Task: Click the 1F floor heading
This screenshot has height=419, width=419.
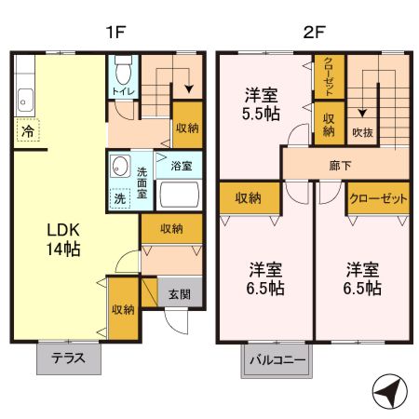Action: point(115,32)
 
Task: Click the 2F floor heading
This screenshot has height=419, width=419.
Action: point(314,32)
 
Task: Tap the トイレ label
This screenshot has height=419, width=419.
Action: point(121,93)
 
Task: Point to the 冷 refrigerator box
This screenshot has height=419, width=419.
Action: point(28,131)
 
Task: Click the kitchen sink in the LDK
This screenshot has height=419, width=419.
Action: point(24,98)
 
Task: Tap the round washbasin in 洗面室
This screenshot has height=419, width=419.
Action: point(119,167)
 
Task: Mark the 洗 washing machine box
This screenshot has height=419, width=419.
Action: point(120,197)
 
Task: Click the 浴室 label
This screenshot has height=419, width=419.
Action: point(182,167)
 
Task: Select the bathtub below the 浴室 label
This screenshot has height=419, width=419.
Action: point(181,196)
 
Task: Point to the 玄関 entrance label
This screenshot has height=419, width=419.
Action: point(180,294)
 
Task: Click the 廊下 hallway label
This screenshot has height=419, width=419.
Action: point(341,165)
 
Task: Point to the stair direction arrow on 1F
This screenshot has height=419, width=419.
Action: point(190,87)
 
